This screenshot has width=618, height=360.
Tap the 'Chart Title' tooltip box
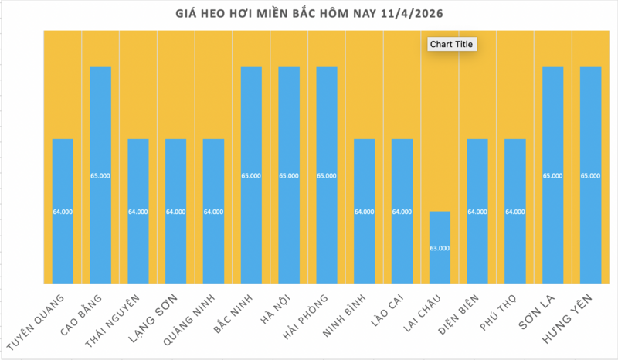point(452,45)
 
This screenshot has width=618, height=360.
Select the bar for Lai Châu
point(440,247)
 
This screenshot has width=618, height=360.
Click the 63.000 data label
point(440,248)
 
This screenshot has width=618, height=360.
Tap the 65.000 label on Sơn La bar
point(553,176)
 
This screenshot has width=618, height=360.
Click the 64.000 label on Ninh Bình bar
point(364,212)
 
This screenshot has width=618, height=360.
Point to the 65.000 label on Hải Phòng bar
point(327,176)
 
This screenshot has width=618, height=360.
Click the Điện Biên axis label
point(459,317)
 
